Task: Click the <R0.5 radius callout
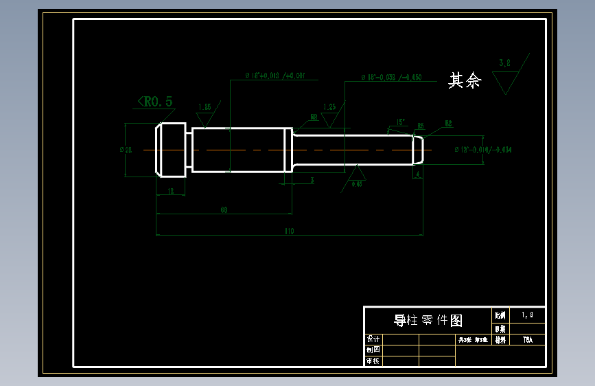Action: pyautogui.click(x=154, y=102)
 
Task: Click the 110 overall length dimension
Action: pyautogui.click(x=289, y=231)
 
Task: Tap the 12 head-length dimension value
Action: pyautogui.click(x=171, y=191)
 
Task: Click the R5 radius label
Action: pyautogui.click(x=421, y=126)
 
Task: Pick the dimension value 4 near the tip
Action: pyautogui.click(x=418, y=175)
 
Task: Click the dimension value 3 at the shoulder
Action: pyautogui.click(x=312, y=180)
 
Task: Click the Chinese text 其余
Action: pyautogui.click(x=465, y=81)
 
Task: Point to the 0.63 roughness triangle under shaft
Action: pyautogui.click(x=357, y=175)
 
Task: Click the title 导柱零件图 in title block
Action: pyautogui.click(x=428, y=320)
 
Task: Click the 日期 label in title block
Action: pyautogui.click(x=500, y=329)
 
